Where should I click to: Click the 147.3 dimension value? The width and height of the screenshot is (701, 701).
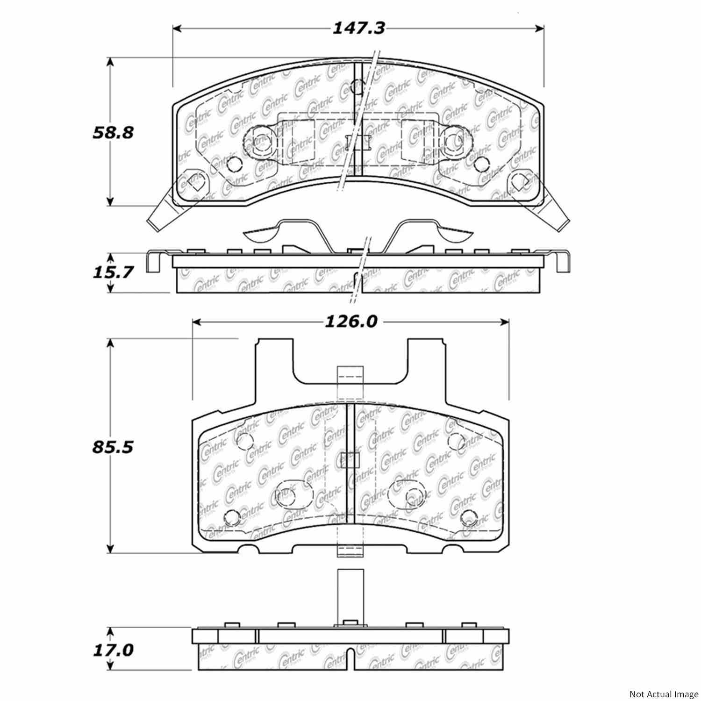[358, 29]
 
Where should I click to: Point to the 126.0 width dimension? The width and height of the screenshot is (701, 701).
[350, 322]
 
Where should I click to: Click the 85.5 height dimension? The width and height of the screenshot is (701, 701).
[113, 447]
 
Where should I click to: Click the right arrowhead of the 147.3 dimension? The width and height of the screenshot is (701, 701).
[540, 29]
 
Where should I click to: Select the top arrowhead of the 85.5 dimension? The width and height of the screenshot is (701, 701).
[110, 343]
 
